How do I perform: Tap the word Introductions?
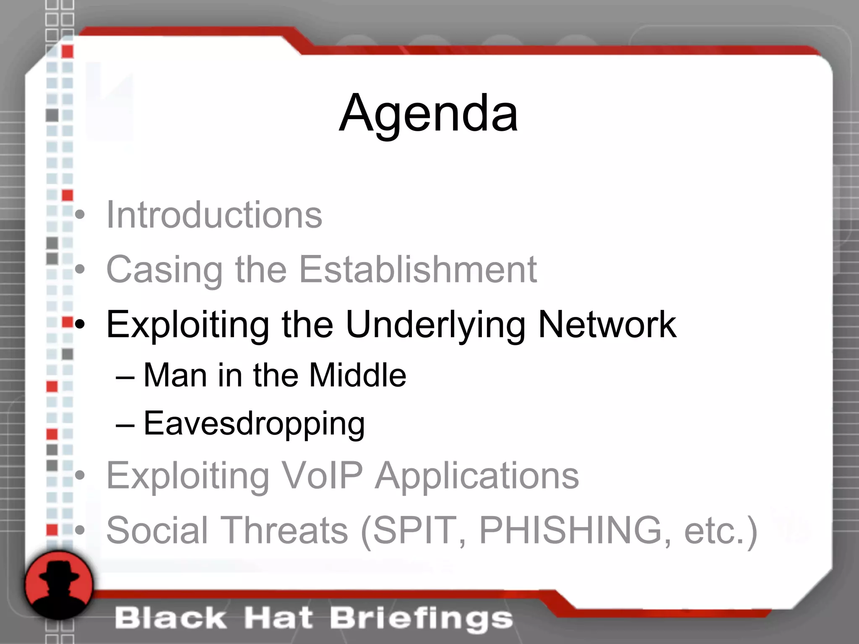point(214,215)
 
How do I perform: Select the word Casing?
point(164,270)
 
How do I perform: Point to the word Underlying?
point(435,325)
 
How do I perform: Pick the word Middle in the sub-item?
point(357,375)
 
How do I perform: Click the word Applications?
point(476,476)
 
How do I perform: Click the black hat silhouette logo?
point(59,584)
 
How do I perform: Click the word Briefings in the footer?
point(421,619)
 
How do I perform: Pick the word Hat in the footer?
point(279,619)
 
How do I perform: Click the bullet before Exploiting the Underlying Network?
point(80,324)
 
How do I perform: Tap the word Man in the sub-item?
point(175,375)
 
